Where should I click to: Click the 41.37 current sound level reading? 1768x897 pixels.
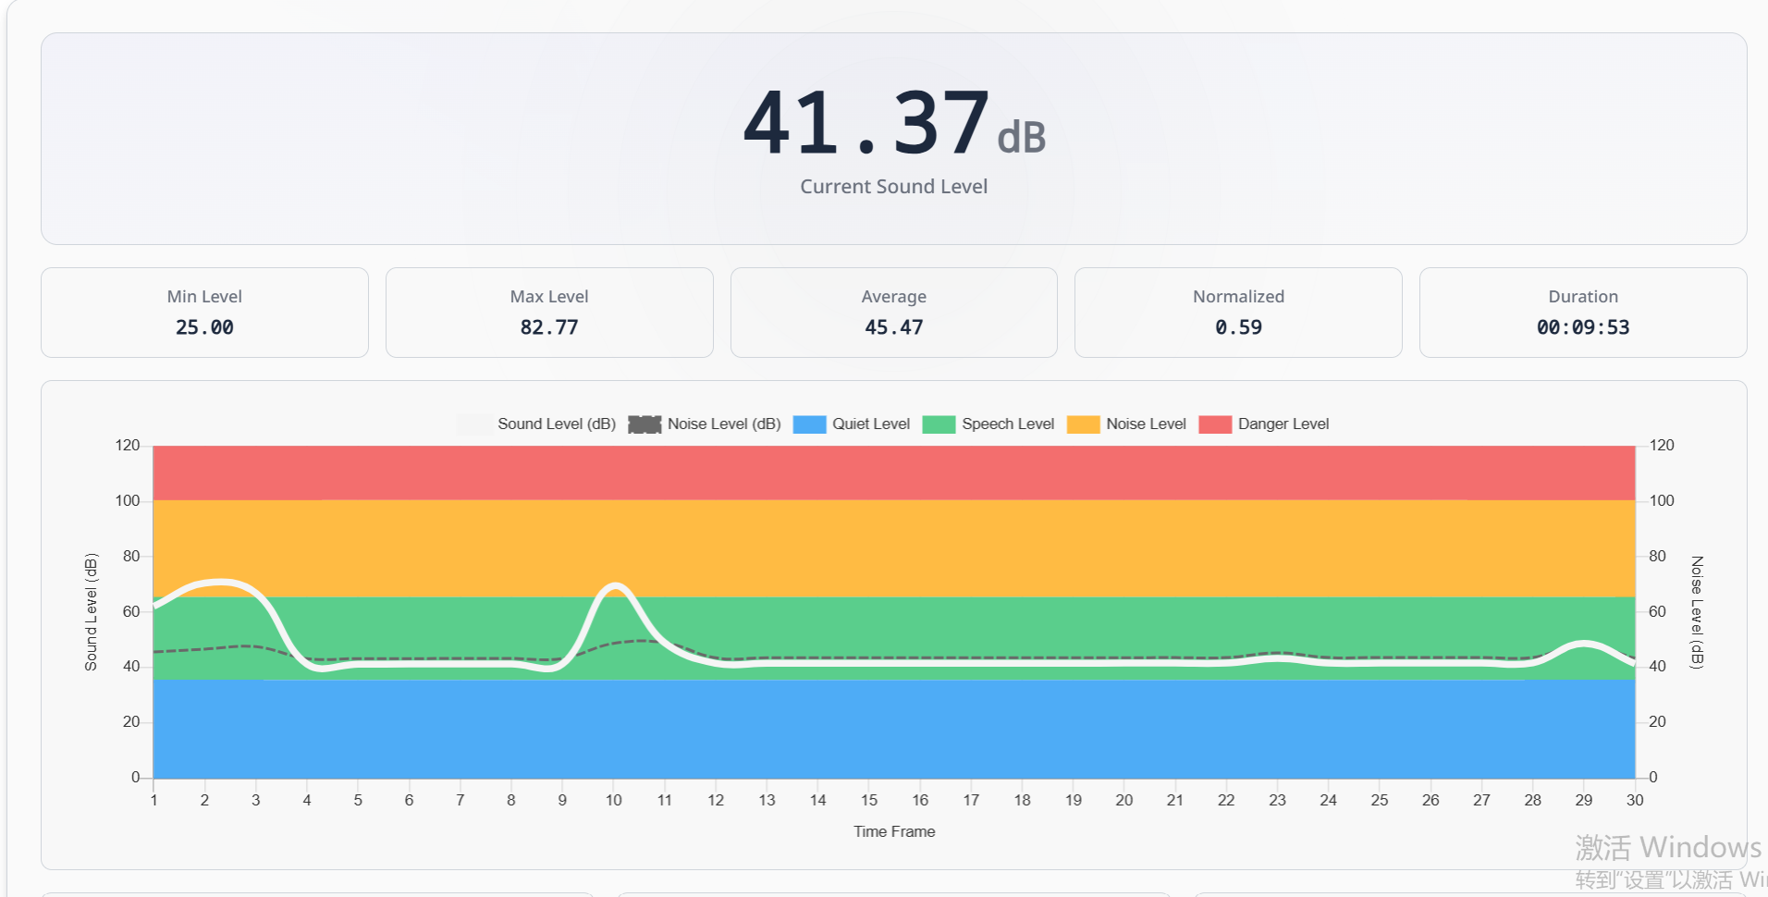pyautogui.click(x=867, y=123)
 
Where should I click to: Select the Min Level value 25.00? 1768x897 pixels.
pyautogui.click(x=204, y=327)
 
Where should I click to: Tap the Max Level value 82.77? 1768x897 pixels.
pyautogui.click(x=549, y=327)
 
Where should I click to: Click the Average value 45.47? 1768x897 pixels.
pyautogui.click(x=893, y=327)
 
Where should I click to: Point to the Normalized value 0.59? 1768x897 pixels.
pyautogui.click(x=1238, y=327)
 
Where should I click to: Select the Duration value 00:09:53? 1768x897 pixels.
pyautogui.click(x=1582, y=327)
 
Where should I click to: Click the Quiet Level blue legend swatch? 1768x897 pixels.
pyautogui.click(x=809, y=424)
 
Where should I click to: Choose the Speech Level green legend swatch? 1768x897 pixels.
pyautogui.click(x=939, y=424)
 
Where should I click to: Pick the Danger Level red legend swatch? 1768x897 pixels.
pyautogui.click(x=1214, y=424)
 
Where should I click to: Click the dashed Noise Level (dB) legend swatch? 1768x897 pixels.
pyautogui.click(x=645, y=424)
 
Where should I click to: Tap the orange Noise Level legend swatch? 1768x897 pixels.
pyautogui.click(x=1083, y=424)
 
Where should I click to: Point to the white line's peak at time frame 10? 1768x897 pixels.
pyautogui.click(x=615, y=585)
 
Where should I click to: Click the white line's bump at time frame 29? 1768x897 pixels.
pyautogui.click(x=1584, y=643)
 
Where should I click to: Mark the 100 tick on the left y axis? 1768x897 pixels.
pyautogui.click(x=128, y=500)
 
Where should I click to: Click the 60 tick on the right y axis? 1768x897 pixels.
pyautogui.click(x=1657, y=611)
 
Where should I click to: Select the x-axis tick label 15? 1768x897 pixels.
pyautogui.click(x=869, y=800)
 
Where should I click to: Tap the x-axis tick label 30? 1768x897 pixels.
pyautogui.click(x=1635, y=800)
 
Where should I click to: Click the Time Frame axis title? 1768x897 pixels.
pyautogui.click(x=893, y=831)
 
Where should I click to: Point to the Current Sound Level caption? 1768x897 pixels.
pyautogui.click(x=893, y=187)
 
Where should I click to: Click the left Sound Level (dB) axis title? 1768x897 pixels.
pyautogui.click(x=91, y=611)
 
